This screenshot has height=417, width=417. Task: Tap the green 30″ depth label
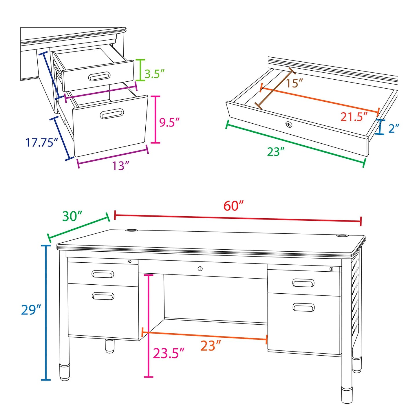click(72, 216)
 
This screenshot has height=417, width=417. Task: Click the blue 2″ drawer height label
click(394, 129)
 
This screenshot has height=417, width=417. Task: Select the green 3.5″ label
click(155, 74)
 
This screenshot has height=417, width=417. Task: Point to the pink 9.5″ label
click(169, 122)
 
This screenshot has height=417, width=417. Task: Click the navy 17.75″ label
click(42, 142)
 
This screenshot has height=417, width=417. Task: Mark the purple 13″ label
click(120, 166)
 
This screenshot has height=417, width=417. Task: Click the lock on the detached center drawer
click(289, 125)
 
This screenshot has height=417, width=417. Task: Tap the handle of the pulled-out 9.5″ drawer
click(112, 114)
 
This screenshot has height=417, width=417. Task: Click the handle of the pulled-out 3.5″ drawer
click(99, 77)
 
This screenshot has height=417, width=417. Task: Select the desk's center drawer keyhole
click(200, 269)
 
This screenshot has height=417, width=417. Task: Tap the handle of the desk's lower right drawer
click(303, 307)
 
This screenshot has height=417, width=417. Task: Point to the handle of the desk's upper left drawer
click(103, 274)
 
